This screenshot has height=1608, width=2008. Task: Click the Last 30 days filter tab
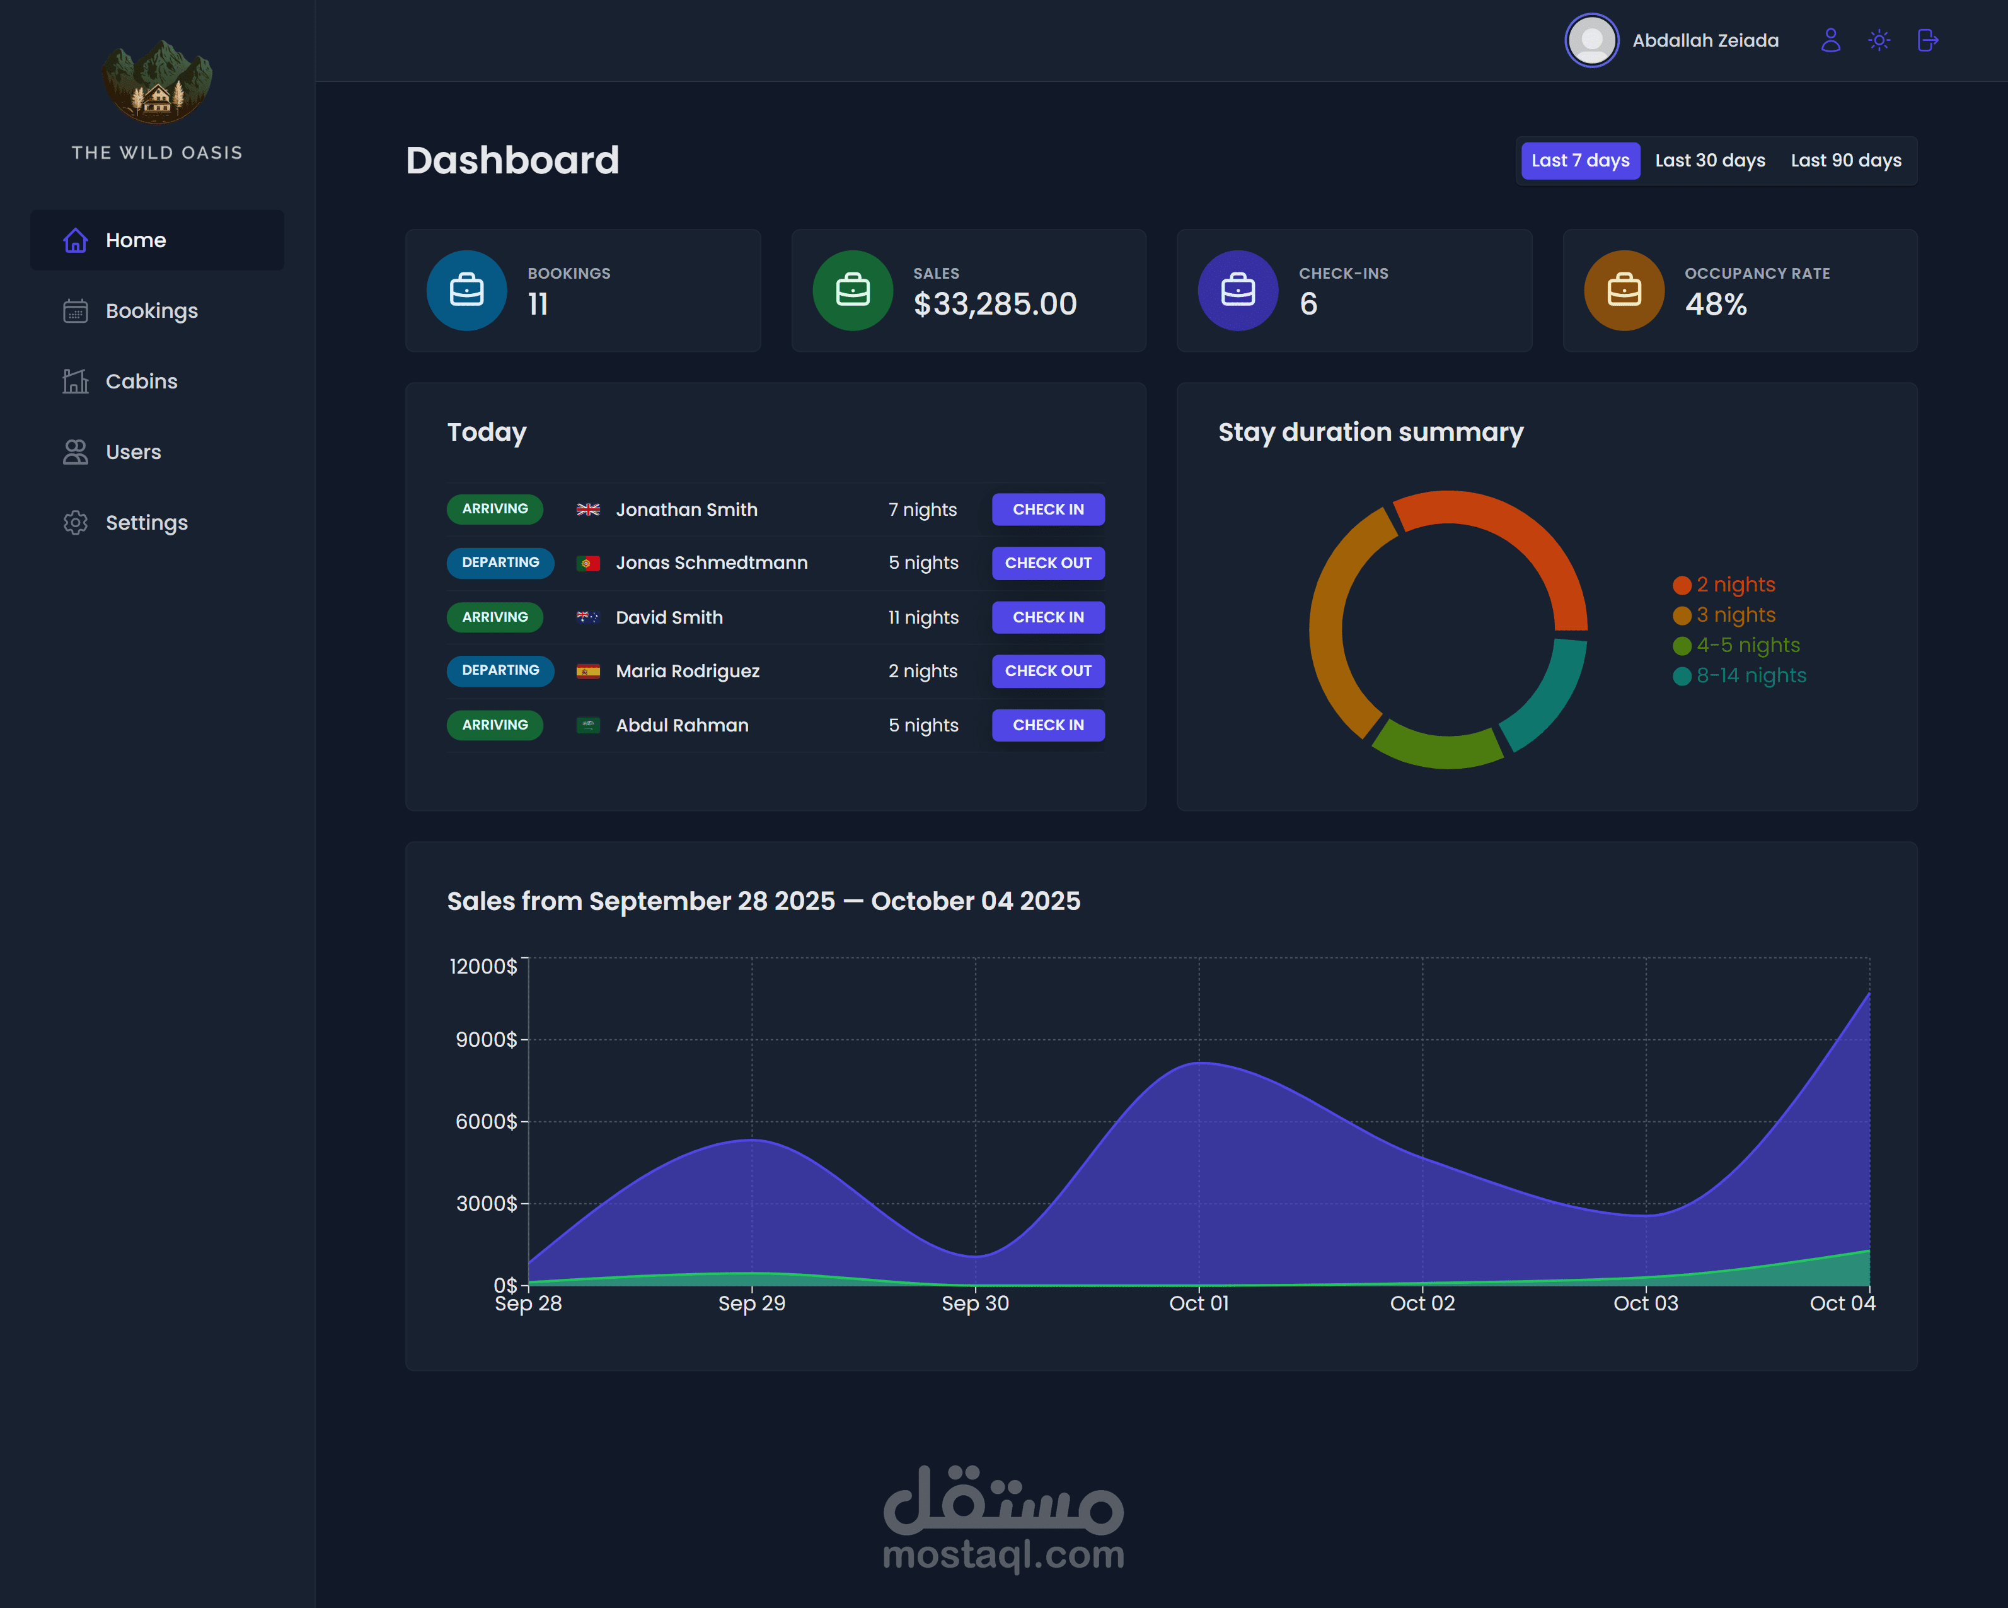(1710, 160)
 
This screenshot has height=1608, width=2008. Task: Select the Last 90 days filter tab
(1846, 160)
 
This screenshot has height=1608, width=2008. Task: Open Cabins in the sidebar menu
(141, 381)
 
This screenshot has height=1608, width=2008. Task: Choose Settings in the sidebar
(146, 523)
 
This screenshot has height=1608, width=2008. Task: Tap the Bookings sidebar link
(151, 310)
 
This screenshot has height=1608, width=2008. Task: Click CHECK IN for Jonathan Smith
(1047, 510)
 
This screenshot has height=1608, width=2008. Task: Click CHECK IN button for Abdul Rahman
(1047, 725)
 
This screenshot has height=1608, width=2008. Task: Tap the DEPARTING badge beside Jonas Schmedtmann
(500, 562)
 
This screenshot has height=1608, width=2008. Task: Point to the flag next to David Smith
(587, 617)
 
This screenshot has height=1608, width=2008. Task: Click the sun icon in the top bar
(1879, 40)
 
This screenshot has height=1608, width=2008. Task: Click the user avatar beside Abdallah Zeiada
(1591, 40)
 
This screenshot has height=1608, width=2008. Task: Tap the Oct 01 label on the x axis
(1199, 1303)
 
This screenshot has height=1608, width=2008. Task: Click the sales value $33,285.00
(995, 304)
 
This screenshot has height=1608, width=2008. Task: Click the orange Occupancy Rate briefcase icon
(1624, 291)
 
